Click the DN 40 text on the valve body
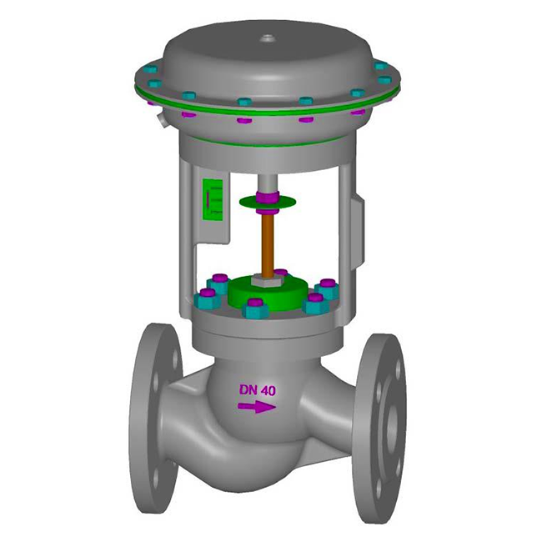coord(258,390)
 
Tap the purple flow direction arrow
coord(257,407)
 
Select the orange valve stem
coord(267,245)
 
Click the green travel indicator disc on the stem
coord(268,202)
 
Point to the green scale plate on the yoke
coord(212,199)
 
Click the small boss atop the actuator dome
coord(267,38)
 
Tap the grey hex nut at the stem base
coord(265,279)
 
